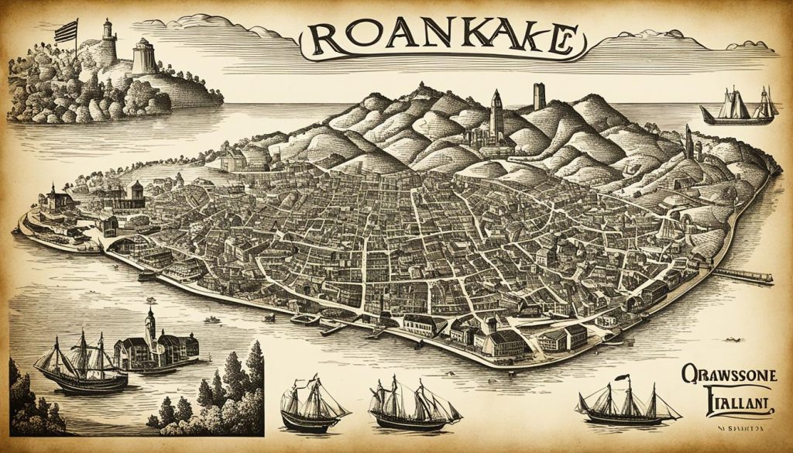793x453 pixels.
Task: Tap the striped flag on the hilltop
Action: click(x=67, y=31)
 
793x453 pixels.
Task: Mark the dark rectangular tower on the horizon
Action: click(x=539, y=96)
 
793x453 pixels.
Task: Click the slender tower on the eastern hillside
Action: click(x=688, y=142)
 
